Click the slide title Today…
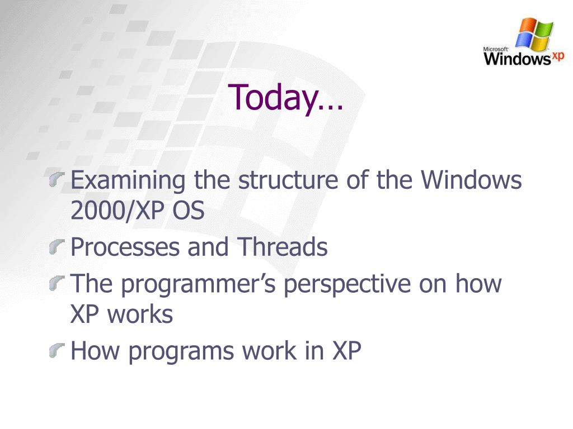coord(285,97)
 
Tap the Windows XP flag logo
coord(534,35)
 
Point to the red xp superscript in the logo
coord(558,56)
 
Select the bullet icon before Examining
coord(57,180)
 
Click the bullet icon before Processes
coord(57,247)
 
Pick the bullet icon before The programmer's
coord(57,283)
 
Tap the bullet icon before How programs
coord(57,351)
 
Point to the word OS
coord(188,211)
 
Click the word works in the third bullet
coord(139,314)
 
